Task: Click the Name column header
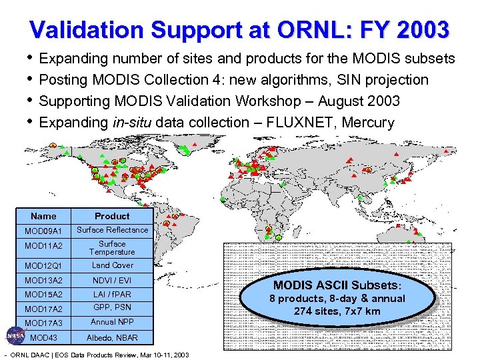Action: click(43, 216)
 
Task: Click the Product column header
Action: click(112, 216)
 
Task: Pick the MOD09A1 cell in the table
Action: click(43, 231)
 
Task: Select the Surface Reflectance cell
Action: click(112, 230)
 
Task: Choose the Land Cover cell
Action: click(112, 265)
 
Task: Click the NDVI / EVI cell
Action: click(112, 280)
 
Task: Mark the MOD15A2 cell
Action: click(43, 294)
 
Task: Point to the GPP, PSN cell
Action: click(112, 307)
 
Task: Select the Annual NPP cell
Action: click(112, 322)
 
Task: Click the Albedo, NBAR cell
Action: click(112, 337)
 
